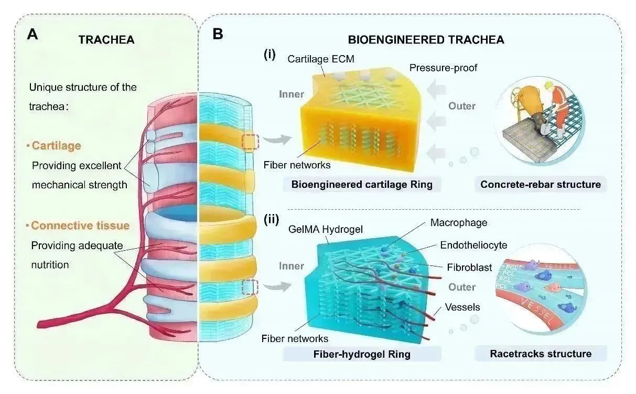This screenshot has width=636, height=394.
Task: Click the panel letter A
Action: (33, 35)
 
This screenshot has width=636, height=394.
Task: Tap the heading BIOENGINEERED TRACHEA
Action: (426, 39)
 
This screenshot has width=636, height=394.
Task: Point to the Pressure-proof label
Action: (443, 68)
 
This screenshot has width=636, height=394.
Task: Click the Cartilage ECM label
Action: (321, 59)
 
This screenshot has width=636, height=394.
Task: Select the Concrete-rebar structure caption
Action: (541, 184)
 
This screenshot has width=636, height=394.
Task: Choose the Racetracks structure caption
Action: (541, 354)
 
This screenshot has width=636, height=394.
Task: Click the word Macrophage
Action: (459, 222)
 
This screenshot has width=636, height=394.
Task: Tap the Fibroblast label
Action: (470, 267)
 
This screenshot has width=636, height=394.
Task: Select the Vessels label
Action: (462, 307)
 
